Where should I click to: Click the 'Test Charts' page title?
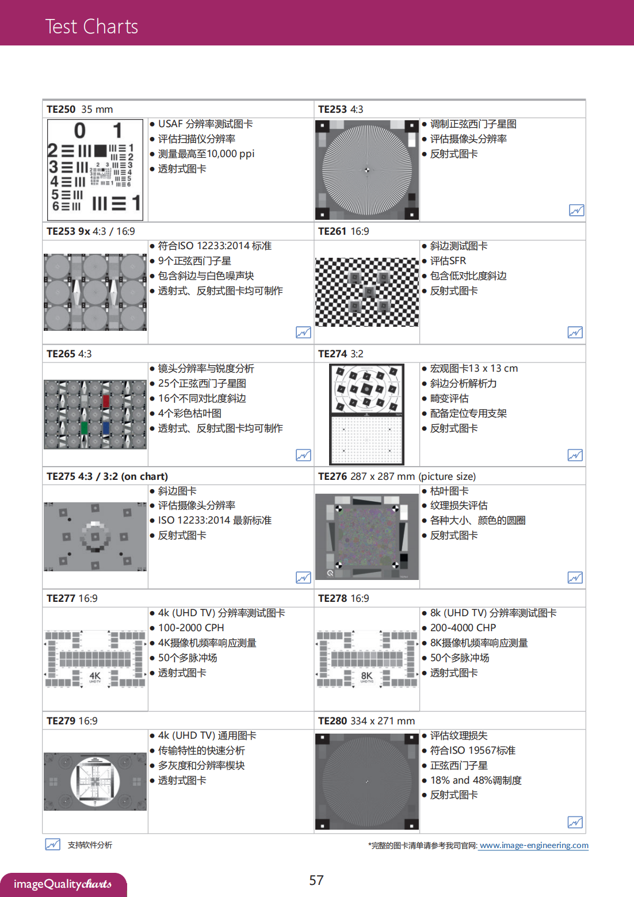(91, 26)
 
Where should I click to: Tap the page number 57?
(316, 880)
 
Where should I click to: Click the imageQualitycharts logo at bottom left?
(63, 884)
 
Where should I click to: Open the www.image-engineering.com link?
(533, 845)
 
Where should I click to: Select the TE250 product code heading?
(61, 109)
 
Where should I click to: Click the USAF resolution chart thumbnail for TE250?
(95, 170)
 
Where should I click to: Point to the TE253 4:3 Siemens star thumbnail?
(367, 170)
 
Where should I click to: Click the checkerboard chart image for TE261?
(367, 292)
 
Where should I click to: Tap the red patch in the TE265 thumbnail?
(106, 400)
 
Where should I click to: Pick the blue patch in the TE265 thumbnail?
(106, 428)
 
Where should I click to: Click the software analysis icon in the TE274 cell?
(575, 455)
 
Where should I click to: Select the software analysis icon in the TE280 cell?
(575, 822)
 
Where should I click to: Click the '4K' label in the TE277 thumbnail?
(95, 675)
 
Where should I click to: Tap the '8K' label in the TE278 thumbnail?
(366, 675)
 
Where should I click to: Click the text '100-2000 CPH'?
(191, 628)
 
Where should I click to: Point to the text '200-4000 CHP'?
(463, 628)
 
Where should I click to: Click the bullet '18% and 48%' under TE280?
(476, 780)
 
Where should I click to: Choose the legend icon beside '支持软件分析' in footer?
(52, 844)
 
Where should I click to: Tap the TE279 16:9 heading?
(72, 721)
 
